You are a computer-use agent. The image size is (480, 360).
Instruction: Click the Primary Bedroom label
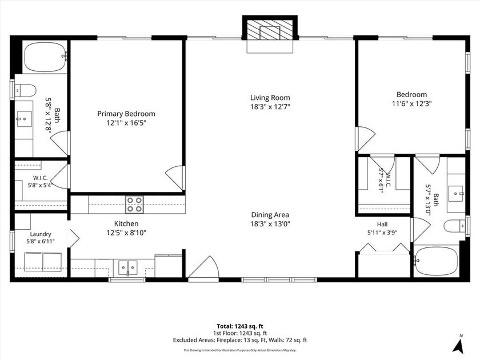tap(126, 114)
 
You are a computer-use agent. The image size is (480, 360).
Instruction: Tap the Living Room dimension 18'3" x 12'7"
tap(270, 107)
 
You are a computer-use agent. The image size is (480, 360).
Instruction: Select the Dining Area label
tap(270, 215)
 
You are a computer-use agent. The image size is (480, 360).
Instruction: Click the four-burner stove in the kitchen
tap(134, 204)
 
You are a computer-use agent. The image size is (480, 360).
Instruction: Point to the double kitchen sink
tap(128, 267)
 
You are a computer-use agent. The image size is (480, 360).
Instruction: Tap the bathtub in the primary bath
tap(45, 57)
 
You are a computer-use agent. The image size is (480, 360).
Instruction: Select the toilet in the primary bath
tap(25, 91)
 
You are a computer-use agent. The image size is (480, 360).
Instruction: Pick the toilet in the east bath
tap(455, 226)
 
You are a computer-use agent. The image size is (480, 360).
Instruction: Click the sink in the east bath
tap(456, 194)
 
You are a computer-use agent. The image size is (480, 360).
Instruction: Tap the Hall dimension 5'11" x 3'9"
tap(382, 233)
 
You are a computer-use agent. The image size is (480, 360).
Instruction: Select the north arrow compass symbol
tap(458, 345)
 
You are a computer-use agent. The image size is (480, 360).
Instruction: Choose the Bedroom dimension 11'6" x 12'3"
tap(412, 104)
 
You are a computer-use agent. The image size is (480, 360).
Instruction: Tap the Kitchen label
tap(126, 224)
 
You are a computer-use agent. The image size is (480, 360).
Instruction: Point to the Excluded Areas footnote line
tap(239, 340)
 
